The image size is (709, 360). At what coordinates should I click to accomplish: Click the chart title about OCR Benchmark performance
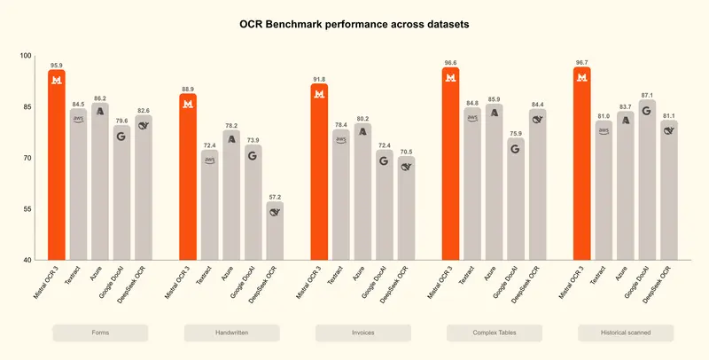[354, 25]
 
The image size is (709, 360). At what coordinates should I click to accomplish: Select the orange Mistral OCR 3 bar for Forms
[57, 164]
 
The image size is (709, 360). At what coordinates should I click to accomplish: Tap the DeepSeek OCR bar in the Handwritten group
[275, 231]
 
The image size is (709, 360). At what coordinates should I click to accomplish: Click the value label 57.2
[275, 197]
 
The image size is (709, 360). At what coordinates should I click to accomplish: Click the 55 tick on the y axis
[26, 209]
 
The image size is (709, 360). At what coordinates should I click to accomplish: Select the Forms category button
[100, 333]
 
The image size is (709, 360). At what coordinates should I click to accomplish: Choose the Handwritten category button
[231, 333]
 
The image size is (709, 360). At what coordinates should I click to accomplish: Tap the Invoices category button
[362, 333]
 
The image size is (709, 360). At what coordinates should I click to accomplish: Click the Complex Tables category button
[494, 333]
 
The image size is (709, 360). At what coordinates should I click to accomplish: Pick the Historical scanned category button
[625, 333]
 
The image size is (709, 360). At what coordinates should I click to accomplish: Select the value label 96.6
[450, 63]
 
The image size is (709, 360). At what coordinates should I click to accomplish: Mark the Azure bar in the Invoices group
[362, 192]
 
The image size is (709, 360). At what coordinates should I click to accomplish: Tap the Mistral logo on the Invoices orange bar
[319, 94]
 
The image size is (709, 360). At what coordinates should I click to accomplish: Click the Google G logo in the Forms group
[121, 136]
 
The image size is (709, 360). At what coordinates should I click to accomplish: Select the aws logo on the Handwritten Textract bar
[210, 160]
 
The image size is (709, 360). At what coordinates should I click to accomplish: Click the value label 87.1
[646, 95]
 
